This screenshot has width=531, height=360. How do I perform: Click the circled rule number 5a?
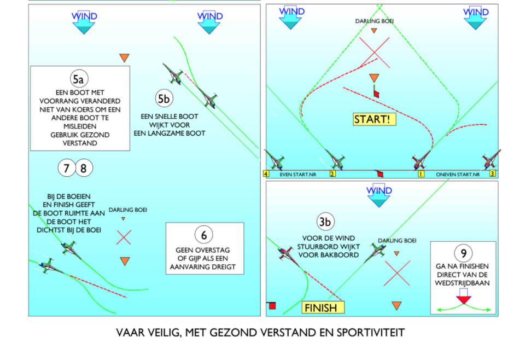(x=79, y=79)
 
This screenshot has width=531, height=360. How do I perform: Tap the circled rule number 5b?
(x=164, y=98)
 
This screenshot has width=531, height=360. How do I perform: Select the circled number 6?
(x=204, y=235)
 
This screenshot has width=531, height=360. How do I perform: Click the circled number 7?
(x=67, y=168)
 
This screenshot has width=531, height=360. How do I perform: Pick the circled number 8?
(x=84, y=168)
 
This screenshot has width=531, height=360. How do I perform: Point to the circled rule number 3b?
(x=325, y=222)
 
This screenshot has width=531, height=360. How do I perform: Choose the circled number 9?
(x=463, y=253)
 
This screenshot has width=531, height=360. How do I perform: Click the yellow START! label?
(x=374, y=119)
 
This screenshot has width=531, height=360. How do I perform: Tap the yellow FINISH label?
(x=323, y=307)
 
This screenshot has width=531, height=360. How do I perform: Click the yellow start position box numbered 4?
(x=266, y=174)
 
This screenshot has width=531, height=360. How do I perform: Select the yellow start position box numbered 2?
(x=332, y=174)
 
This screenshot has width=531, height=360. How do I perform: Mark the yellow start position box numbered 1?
(x=421, y=174)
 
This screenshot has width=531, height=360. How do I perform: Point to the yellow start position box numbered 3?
(x=492, y=174)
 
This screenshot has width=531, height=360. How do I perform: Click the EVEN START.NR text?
(x=298, y=175)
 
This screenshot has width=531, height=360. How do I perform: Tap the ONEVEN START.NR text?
(x=458, y=175)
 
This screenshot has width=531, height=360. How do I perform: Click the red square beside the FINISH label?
(x=272, y=306)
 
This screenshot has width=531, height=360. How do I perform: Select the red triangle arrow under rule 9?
(x=464, y=300)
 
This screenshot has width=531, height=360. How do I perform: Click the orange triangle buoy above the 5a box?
(x=124, y=58)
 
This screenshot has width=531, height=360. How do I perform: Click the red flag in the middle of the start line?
(x=380, y=174)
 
